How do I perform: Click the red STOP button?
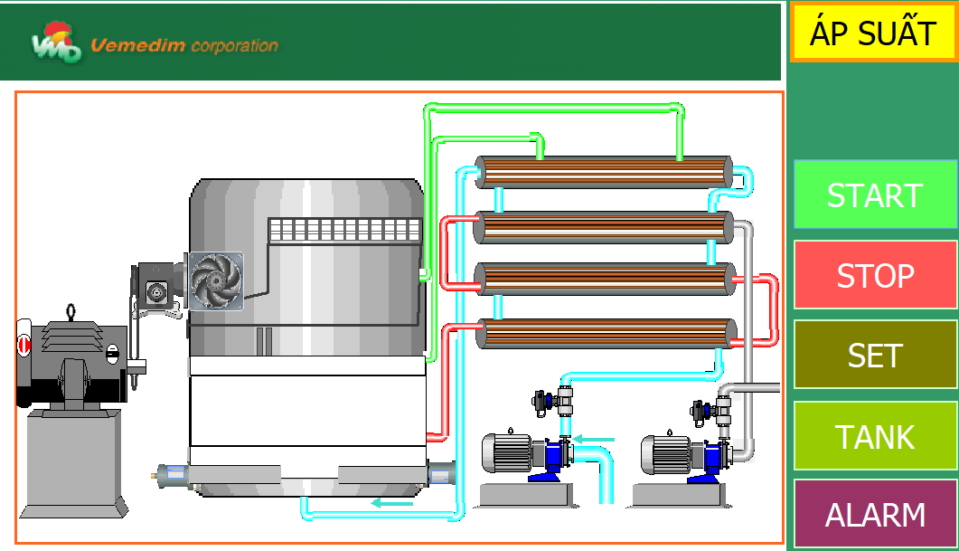pyautogui.click(x=875, y=275)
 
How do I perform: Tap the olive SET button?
pyautogui.click(x=875, y=355)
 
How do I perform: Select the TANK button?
pyautogui.click(x=875, y=436)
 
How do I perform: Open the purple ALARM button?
pyautogui.click(x=875, y=514)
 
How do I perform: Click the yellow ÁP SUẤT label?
pyautogui.click(x=873, y=33)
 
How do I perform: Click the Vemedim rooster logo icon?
pyautogui.click(x=56, y=42)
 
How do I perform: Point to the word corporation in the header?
pyautogui.click(x=235, y=46)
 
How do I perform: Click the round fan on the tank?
pyautogui.click(x=216, y=281)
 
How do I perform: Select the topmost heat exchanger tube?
pyautogui.click(x=604, y=172)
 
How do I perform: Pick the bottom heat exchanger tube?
pyautogui.click(x=606, y=334)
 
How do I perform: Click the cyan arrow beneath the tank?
pyautogui.click(x=392, y=503)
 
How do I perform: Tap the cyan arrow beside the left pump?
pyautogui.click(x=594, y=439)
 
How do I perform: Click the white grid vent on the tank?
pyautogui.click(x=345, y=230)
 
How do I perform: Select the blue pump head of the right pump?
pyautogui.click(x=714, y=461)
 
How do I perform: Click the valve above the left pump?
pyautogui.click(x=553, y=402)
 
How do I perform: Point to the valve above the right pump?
pyautogui.click(x=711, y=411)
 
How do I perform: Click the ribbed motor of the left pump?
pyautogui.click(x=506, y=453)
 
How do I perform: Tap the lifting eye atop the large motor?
pyautogui.click(x=71, y=311)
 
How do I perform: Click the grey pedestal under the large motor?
pyautogui.click(x=74, y=463)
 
